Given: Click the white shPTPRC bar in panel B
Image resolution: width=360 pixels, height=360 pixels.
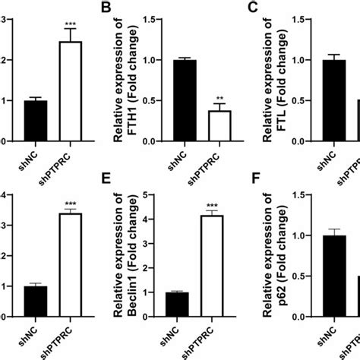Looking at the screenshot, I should pos(221,125).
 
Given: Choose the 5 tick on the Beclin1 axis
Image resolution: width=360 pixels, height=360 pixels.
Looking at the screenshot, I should pos(156,195).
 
